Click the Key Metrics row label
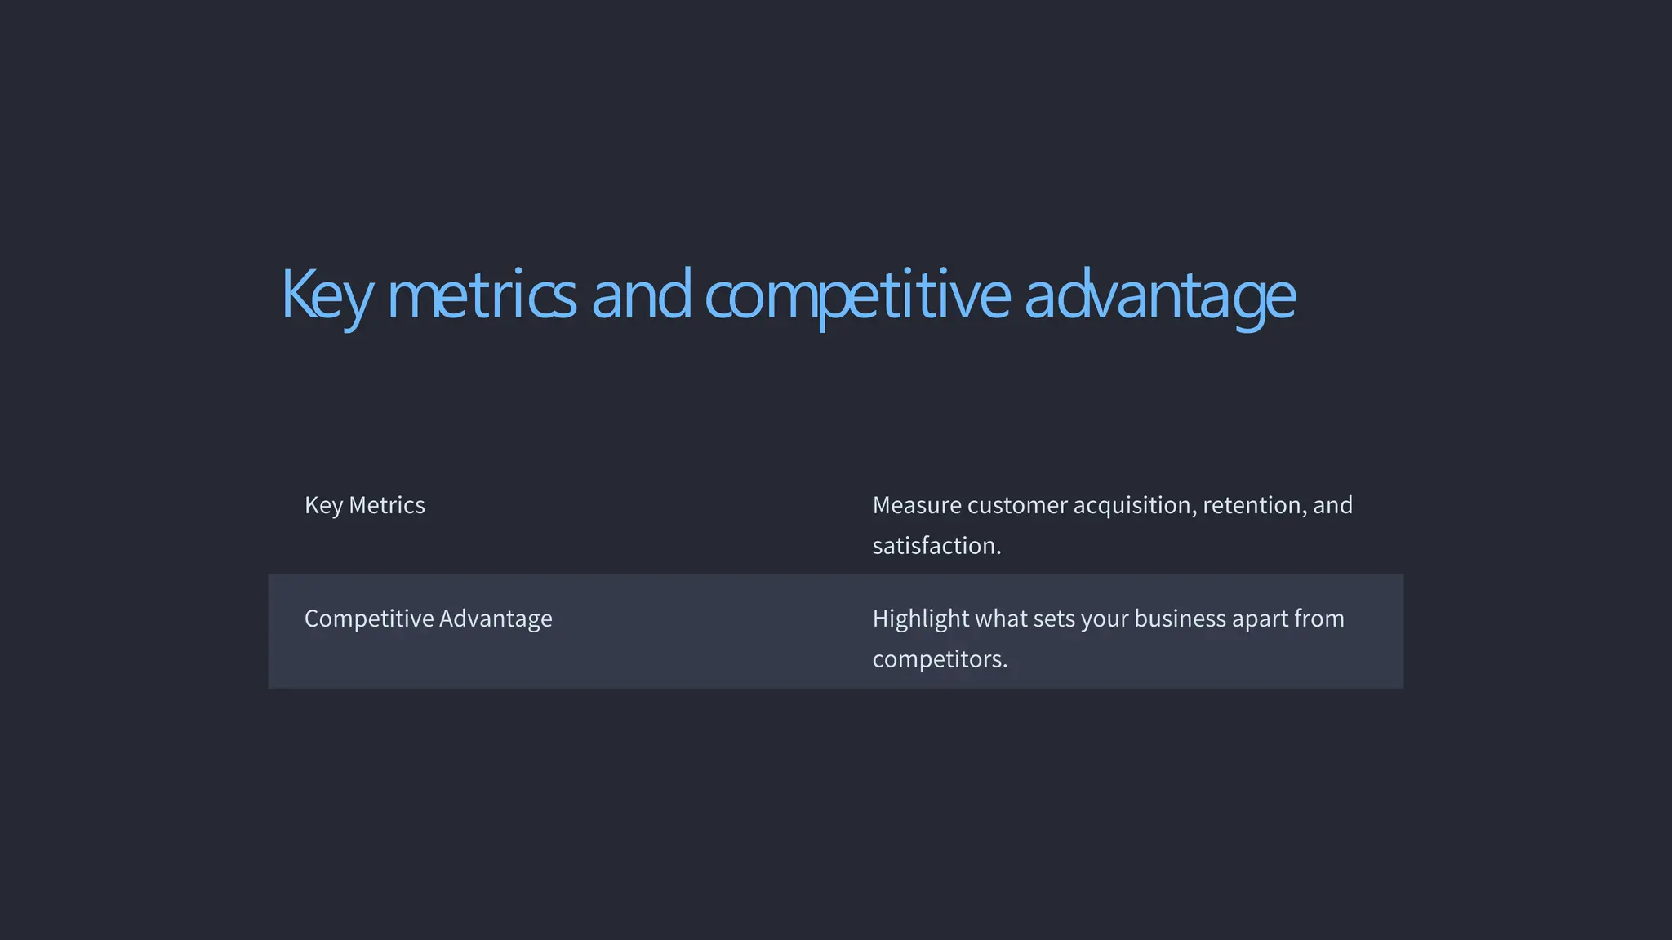pyautogui.click(x=364, y=505)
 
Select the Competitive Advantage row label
pyautogui.click(x=428, y=619)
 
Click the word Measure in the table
pyautogui.click(x=917, y=505)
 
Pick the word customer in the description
pyautogui.click(x=1017, y=505)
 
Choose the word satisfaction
pyautogui.click(x=936, y=545)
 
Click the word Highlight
pyautogui.click(x=921, y=619)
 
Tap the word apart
pyautogui.click(x=1256, y=619)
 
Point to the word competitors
pyautogui.click(x=940, y=658)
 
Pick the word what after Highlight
pyautogui.click(x=1001, y=619)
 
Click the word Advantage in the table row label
pyautogui.click(x=496, y=619)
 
